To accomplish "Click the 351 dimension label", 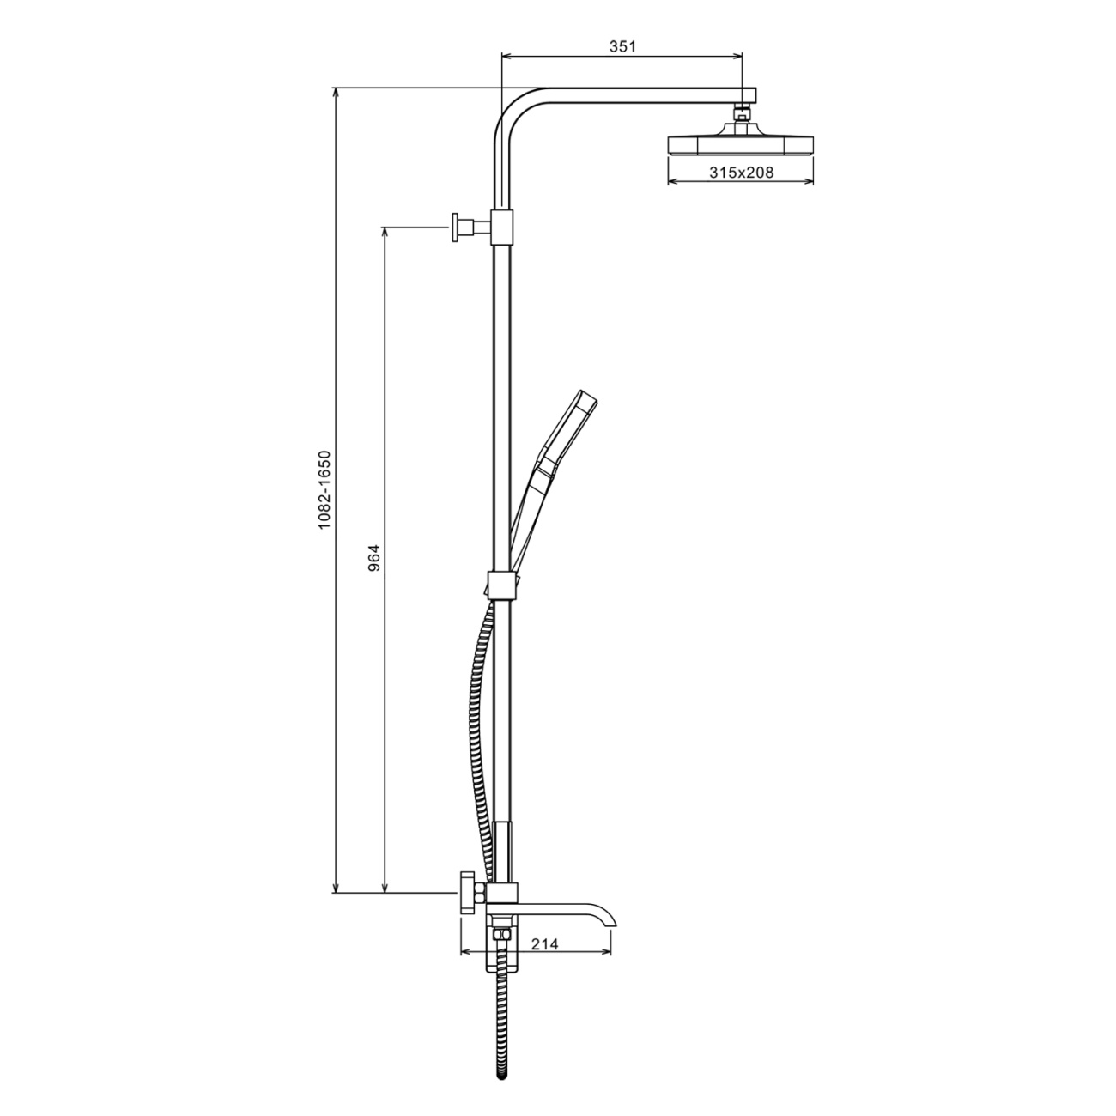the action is point(622,47).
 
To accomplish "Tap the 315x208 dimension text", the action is point(742,172).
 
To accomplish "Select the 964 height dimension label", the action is point(374,558).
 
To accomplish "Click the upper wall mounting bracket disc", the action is point(457,227).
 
